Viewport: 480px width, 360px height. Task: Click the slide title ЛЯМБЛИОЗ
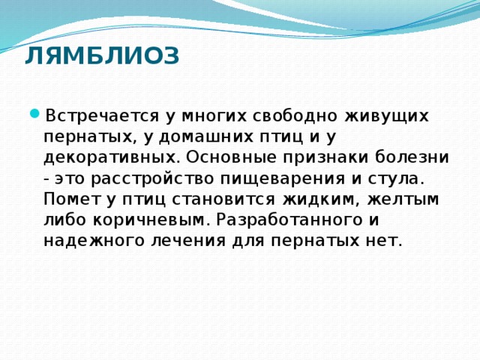click(102, 55)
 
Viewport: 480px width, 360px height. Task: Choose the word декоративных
click(110, 158)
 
